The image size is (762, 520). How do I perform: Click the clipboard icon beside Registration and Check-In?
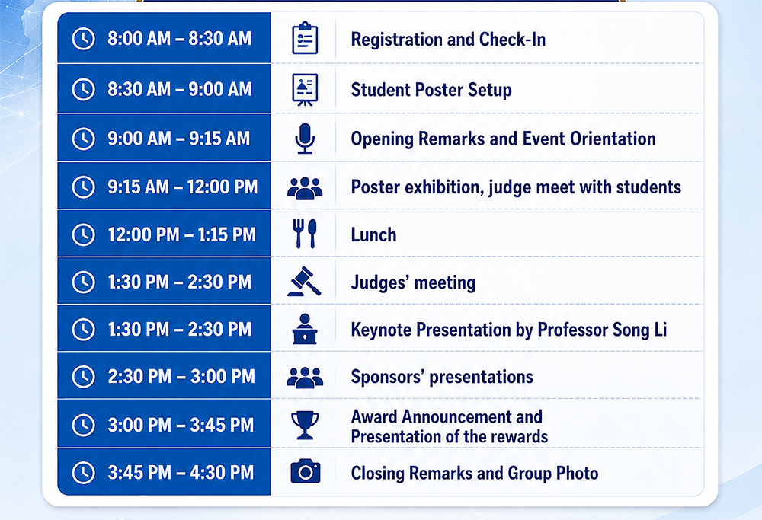[305, 38]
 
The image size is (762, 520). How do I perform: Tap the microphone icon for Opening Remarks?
[305, 139]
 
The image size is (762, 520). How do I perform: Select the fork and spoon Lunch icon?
[305, 234]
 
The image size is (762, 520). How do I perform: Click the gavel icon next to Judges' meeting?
[304, 281]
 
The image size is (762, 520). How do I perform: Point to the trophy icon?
[305, 426]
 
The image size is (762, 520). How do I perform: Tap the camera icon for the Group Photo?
[306, 471]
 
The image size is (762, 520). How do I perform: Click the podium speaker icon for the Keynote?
[305, 329]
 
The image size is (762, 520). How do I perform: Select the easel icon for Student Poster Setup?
[305, 90]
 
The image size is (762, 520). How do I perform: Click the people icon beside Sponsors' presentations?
[305, 378]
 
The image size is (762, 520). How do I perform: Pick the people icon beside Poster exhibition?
[305, 188]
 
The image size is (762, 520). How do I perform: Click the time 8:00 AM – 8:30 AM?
[180, 38]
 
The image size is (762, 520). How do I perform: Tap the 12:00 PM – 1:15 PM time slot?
[182, 234]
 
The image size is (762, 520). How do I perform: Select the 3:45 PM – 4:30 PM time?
[181, 473]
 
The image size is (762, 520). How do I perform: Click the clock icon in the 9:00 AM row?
[84, 139]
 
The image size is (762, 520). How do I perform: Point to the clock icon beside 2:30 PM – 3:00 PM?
[84, 376]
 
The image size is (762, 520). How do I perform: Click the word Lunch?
[373, 235]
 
